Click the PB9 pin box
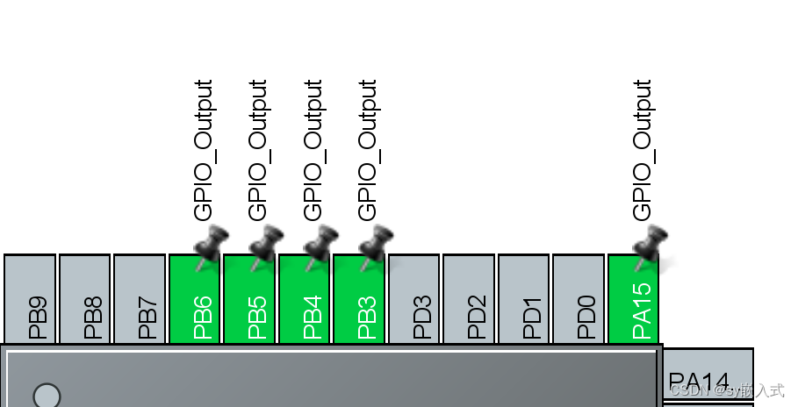click(30, 299)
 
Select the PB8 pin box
click(85, 299)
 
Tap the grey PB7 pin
click(140, 299)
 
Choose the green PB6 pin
click(194, 299)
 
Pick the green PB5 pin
click(249, 299)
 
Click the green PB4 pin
click(304, 299)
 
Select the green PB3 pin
click(359, 299)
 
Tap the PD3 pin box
click(413, 299)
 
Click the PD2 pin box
click(469, 299)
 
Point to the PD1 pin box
click(524, 299)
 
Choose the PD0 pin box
click(579, 299)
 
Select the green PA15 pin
click(633, 299)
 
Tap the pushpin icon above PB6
click(211, 243)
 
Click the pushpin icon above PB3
click(376, 243)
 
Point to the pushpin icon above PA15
click(651, 243)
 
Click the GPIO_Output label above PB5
click(258, 149)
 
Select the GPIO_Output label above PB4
click(313, 149)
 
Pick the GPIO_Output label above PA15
click(643, 149)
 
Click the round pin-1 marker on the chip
click(47, 396)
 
